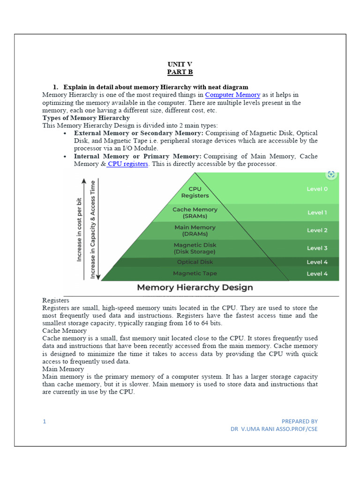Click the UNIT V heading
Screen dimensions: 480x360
(180, 64)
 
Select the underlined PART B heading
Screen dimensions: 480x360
(180, 72)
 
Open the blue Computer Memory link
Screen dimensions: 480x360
(232, 95)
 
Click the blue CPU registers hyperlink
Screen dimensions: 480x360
(128, 164)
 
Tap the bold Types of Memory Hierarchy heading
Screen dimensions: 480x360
(86, 118)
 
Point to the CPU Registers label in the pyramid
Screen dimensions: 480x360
(195, 192)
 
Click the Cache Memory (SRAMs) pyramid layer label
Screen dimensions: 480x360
(195, 213)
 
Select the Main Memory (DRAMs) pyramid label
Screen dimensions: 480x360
(195, 231)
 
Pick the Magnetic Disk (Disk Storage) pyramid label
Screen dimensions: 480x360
(195, 248)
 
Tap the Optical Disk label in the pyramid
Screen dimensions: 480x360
(195, 262)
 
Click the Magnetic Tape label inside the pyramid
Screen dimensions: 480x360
(195, 273)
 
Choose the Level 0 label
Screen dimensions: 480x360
(317, 189)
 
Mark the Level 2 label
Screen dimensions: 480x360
(317, 230)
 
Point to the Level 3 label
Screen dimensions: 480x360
(317, 248)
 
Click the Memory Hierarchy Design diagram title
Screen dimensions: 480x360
(195, 287)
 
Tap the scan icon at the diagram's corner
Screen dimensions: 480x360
(331, 174)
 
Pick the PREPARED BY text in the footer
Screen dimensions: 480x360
(300, 421)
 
